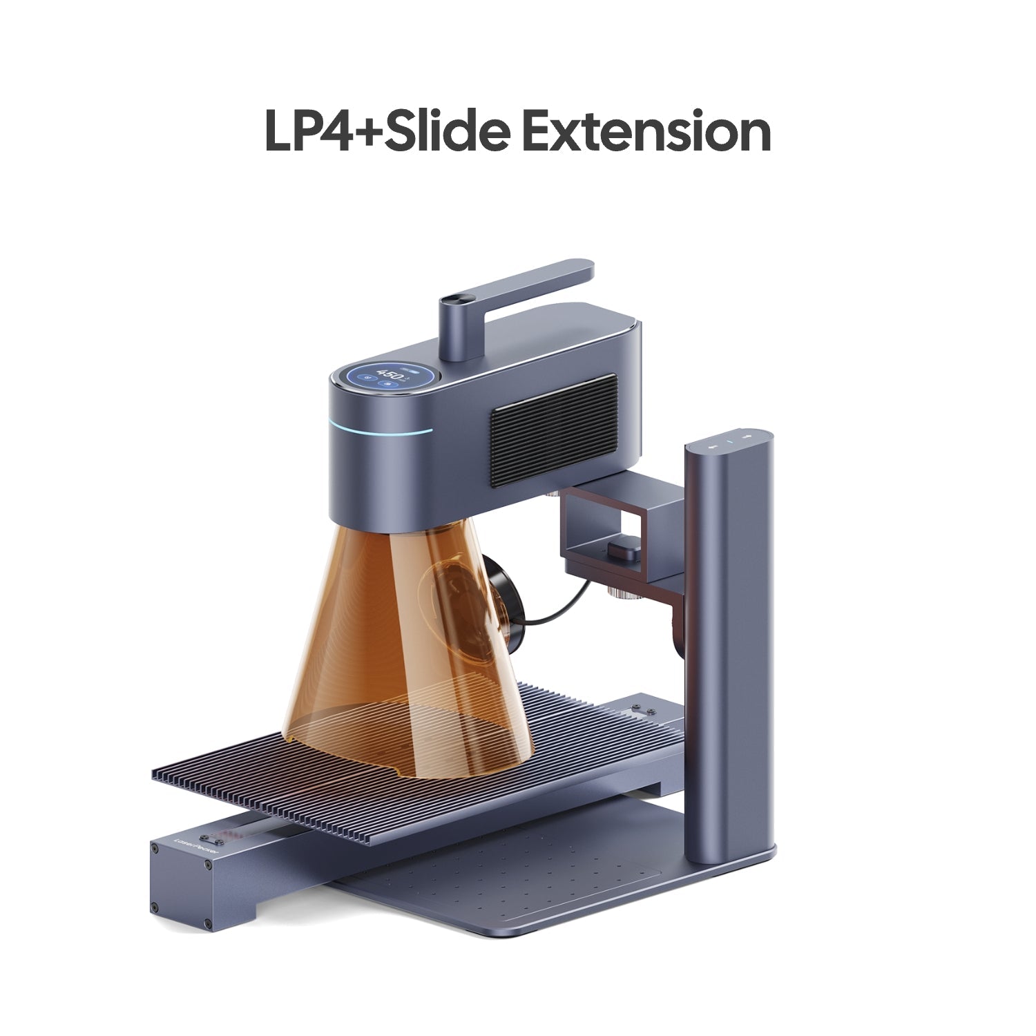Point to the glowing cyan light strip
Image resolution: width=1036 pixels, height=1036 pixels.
[x=380, y=430]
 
